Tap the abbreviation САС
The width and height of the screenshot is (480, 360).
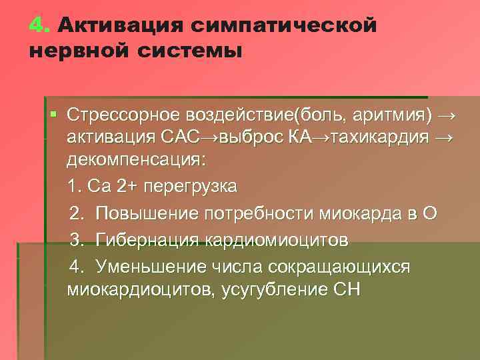coord(180,139)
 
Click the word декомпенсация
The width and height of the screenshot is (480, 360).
coord(136,161)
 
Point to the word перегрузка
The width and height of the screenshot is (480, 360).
coord(196,185)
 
